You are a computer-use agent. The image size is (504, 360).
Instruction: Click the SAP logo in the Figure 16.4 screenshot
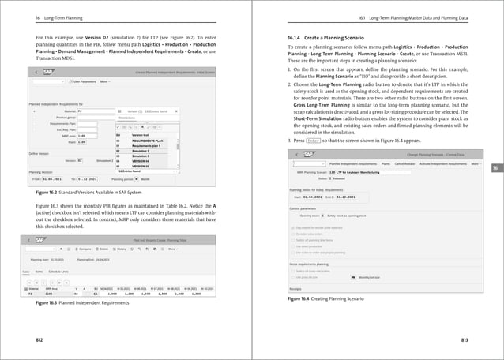click(310, 155)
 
